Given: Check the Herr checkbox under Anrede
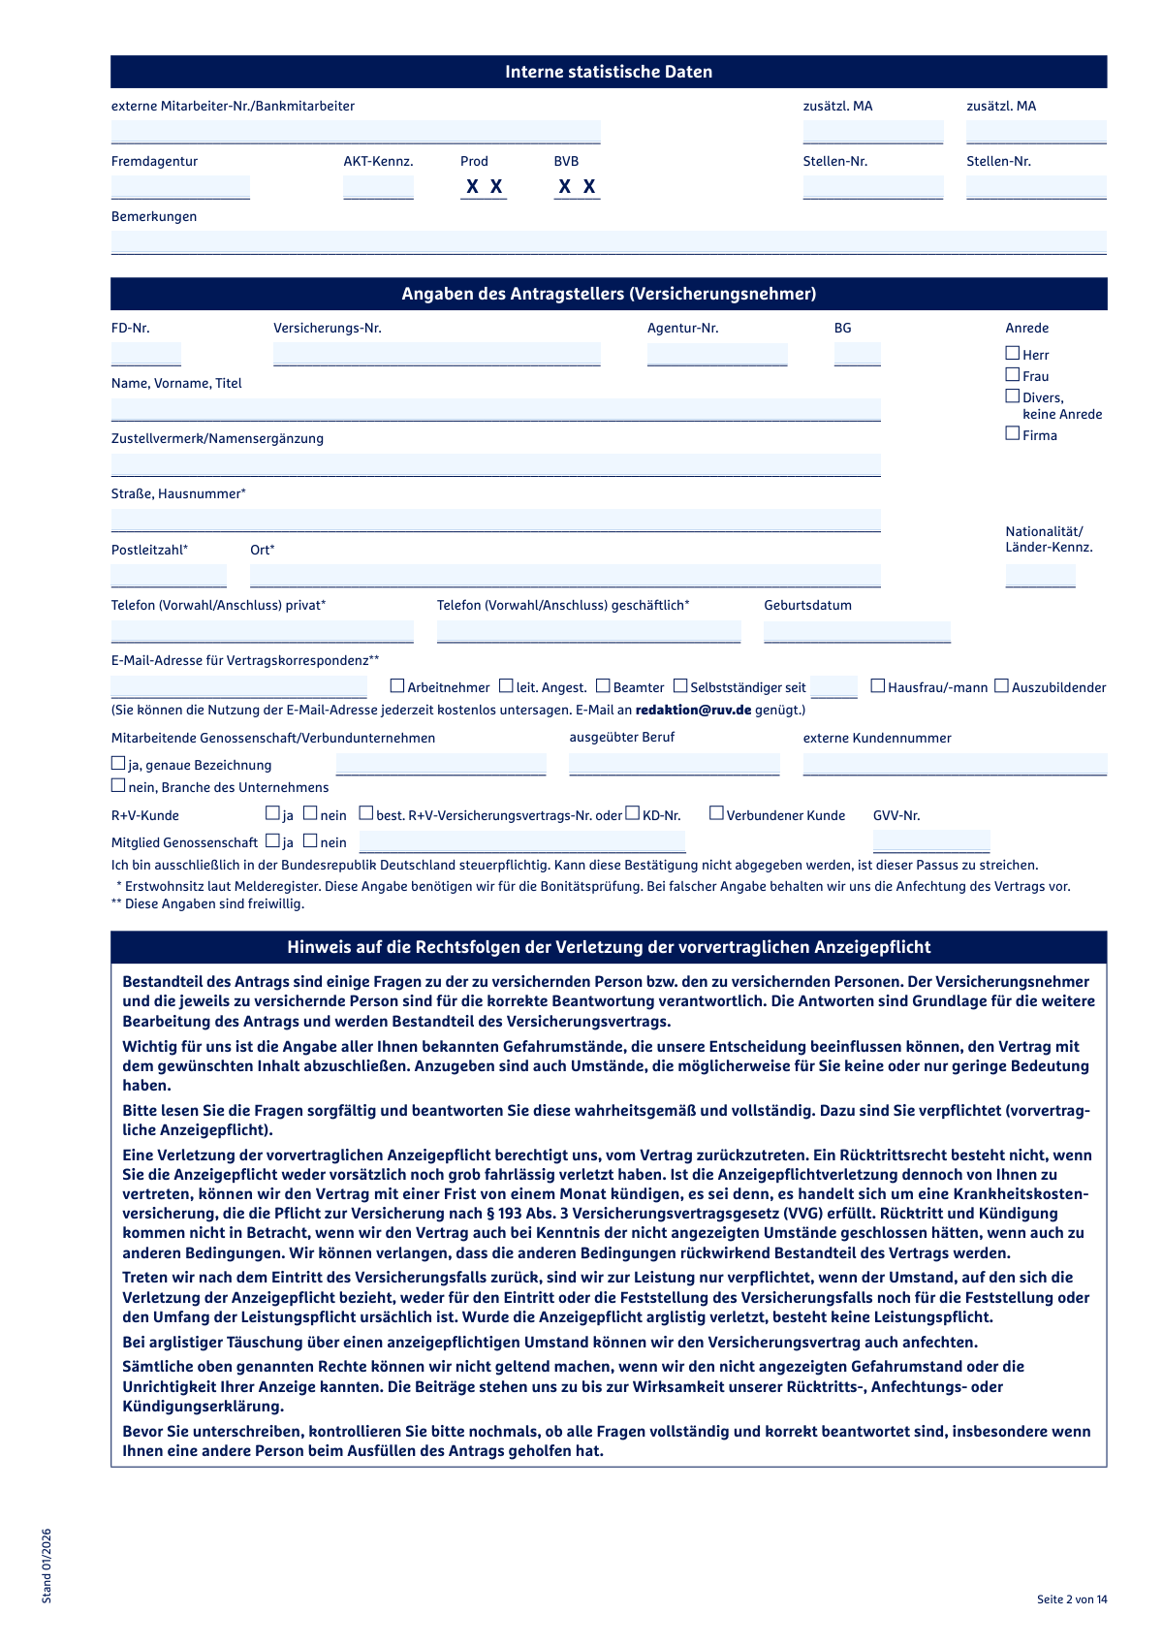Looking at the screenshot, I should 1013,354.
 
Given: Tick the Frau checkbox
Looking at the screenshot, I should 1013,375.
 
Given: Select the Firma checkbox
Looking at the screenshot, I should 1013,434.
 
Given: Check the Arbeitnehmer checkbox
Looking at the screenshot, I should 397,686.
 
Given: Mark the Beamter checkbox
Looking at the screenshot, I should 603,686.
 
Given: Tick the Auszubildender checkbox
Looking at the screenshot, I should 1002,686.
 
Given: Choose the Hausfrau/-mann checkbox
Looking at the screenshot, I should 878,686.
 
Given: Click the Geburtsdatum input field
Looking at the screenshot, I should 857,632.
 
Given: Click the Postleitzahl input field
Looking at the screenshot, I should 169,576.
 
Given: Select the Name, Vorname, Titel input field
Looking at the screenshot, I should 495,409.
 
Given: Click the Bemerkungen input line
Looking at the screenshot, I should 609,242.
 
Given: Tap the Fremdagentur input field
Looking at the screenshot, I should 180,187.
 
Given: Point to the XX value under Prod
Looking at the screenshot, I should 484,187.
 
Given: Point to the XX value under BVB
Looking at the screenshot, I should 577,187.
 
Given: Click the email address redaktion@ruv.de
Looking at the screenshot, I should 693,711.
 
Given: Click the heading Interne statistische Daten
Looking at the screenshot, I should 609,72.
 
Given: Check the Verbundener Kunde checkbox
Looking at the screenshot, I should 716,813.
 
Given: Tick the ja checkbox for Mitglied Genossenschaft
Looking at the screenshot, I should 273,841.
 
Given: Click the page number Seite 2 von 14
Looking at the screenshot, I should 1071,1599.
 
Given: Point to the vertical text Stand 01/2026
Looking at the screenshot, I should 47,1566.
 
